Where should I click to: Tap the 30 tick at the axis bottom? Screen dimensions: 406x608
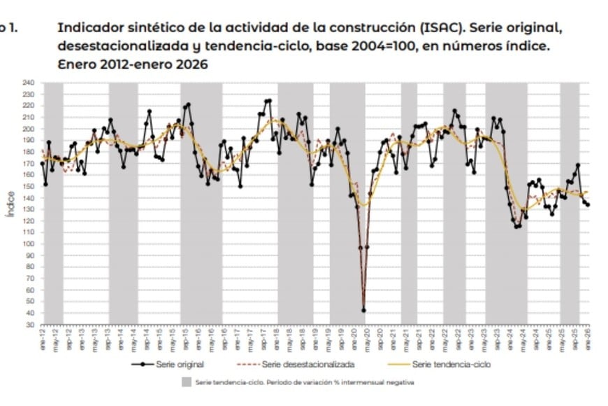[x=30, y=325]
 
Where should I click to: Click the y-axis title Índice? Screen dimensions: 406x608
[x=9, y=203]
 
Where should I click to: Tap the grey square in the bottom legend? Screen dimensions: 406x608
[x=186, y=382]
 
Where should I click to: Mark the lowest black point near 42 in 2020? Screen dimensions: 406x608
[x=363, y=310]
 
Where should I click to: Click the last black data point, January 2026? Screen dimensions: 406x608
[x=588, y=205]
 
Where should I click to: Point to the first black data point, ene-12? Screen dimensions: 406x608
[x=43, y=163]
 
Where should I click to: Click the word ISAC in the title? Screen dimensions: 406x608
[x=442, y=28]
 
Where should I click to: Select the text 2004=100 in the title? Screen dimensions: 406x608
[x=391, y=46]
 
